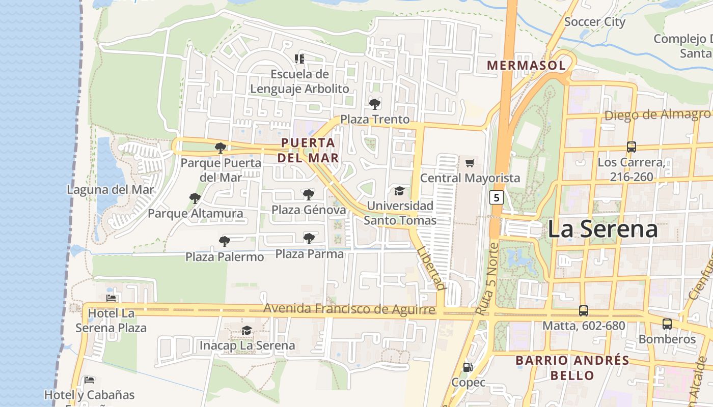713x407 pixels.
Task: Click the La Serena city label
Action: [x=602, y=229]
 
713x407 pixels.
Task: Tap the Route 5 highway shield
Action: [x=497, y=197]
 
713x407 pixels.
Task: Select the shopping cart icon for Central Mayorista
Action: [x=470, y=163]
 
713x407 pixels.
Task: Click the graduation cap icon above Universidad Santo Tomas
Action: [x=399, y=191]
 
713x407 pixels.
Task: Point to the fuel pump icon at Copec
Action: [x=467, y=367]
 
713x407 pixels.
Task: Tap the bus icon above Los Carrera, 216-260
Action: [x=631, y=147]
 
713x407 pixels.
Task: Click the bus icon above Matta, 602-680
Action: [x=584, y=310]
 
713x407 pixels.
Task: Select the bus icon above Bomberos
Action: [x=667, y=324]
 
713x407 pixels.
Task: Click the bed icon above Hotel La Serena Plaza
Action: [x=111, y=298]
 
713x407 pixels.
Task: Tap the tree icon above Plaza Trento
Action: [x=375, y=104]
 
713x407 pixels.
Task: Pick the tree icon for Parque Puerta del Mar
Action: [x=221, y=148]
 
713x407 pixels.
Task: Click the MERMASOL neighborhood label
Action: [x=526, y=66]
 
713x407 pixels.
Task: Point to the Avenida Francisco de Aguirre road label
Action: [x=349, y=309]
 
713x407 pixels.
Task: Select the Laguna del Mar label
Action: [x=110, y=190]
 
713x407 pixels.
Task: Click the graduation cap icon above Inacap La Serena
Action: [x=246, y=331]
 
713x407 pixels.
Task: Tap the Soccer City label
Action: [x=594, y=22]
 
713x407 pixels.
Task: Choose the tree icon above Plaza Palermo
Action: [x=224, y=242]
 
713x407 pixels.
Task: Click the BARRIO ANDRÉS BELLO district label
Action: [x=572, y=368]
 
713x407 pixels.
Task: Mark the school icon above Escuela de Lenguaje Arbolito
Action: [x=299, y=59]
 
